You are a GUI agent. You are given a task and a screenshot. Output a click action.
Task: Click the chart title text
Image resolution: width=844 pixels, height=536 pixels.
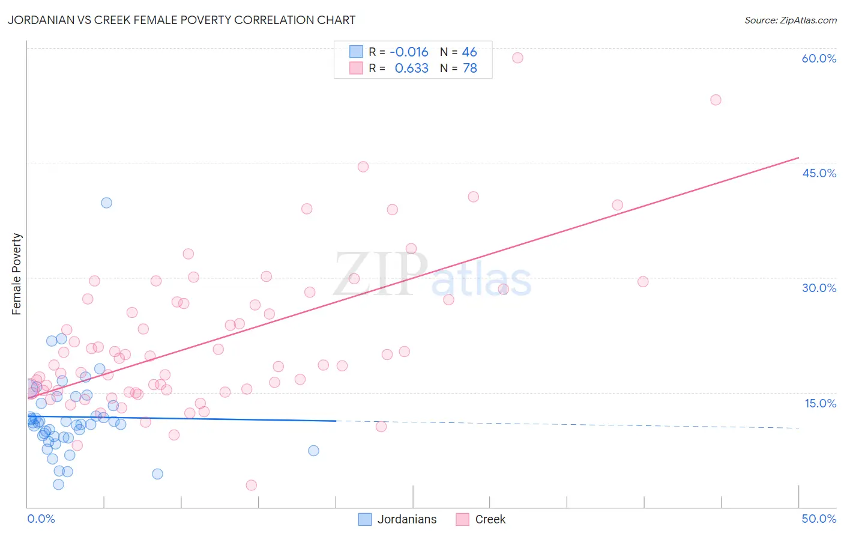coord(181,20)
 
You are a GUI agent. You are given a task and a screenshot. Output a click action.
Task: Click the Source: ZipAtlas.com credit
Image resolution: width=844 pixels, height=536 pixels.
coord(790,20)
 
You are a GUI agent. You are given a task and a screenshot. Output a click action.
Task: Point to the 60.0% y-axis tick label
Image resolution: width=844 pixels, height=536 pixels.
coord(819,58)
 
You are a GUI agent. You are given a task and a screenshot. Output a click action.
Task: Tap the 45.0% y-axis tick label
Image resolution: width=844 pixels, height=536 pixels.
coord(819,173)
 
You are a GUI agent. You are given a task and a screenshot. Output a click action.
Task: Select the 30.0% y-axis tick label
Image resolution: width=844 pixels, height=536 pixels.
coord(819,288)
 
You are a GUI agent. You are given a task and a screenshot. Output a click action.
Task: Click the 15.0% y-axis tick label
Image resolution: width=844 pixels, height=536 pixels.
coord(820,403)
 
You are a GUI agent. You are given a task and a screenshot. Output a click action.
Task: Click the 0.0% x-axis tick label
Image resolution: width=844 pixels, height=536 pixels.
coord(41,519)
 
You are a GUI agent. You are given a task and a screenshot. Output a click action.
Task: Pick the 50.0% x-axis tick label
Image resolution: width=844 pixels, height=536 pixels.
coord(819,519)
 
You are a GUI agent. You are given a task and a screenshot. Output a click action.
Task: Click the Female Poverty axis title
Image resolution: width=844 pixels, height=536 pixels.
coord(17,274)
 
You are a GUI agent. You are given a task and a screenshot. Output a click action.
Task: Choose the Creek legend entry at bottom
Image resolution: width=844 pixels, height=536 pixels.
coord(490,519)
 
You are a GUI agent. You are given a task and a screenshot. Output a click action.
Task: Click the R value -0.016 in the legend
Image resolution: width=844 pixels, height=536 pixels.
coord(409,52)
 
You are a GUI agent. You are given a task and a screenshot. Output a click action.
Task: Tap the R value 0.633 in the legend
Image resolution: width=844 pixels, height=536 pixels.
coord(411,69)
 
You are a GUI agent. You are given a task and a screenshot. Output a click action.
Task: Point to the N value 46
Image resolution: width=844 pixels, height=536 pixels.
coord(469,52)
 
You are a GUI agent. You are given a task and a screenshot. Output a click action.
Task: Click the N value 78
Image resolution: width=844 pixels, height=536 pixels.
coord(469,69)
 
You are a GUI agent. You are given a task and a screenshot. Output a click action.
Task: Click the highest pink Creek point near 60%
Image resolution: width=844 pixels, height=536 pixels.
coord(517,58)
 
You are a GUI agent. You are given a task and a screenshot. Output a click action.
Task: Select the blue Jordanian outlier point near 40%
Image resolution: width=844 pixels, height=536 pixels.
coord(106,203)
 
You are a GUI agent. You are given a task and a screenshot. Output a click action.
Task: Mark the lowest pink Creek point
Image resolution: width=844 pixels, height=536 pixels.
coord(252,485)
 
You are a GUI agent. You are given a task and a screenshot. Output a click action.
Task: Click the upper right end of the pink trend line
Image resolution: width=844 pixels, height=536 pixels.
coord(798,157)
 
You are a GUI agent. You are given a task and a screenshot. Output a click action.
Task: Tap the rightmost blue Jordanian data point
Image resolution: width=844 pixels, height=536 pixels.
coord(313,451)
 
